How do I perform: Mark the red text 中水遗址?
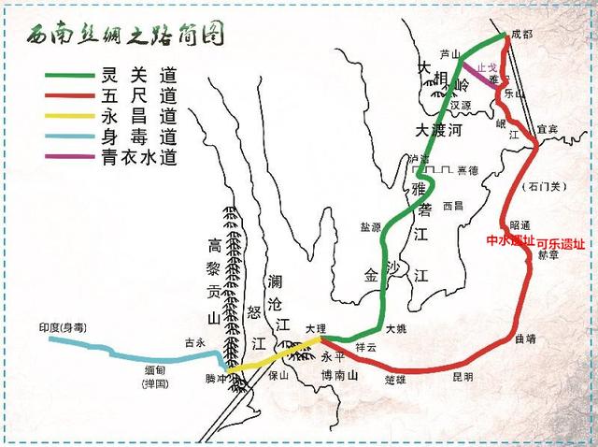(510, 240)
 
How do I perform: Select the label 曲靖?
(525, 339)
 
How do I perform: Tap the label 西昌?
(452, 205)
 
